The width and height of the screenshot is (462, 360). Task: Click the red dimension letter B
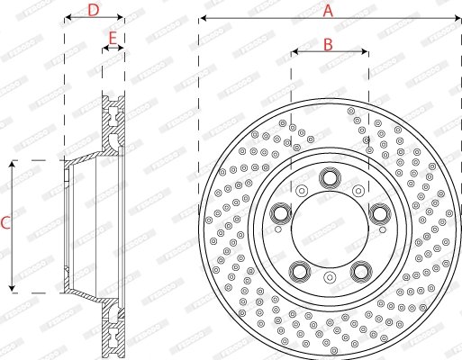tap(329, 43)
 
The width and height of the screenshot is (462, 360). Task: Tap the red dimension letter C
tap(5, 225)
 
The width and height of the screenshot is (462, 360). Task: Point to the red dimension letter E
tap(113, 38)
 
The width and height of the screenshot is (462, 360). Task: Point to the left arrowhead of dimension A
tap(202, 18)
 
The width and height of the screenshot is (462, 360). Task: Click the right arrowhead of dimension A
tap(457, 18)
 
